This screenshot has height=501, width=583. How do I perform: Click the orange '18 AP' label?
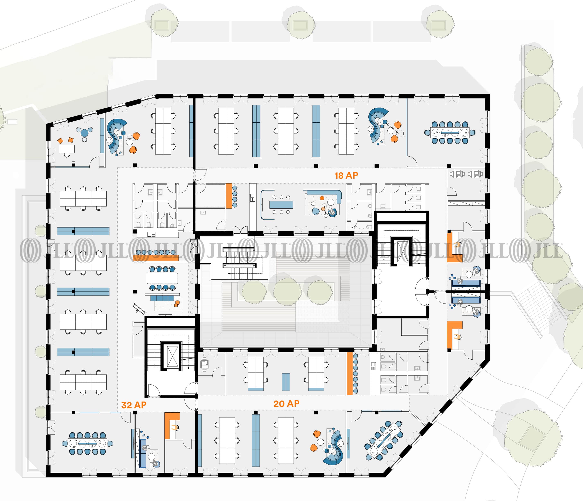click(x=346, y=175)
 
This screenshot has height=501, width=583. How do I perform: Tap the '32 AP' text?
click(x=134, y=405)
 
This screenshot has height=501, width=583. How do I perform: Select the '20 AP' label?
click(x=286, y=404)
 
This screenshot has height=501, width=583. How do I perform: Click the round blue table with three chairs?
click(x=84, y=132)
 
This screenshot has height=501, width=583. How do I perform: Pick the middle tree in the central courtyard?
click(x=287, y=292)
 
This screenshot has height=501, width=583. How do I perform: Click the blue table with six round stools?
click(x=281, y=205)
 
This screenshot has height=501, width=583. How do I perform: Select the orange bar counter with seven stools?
click(x=350, y=373)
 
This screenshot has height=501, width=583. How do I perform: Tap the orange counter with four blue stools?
click(x=229, y=196)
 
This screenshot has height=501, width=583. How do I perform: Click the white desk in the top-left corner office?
click(x=67, y=149)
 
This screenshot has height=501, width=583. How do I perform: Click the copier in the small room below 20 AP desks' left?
click(x=204, y=364)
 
